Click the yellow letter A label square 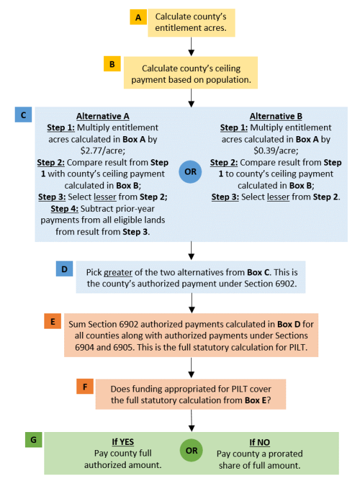pos(138,17)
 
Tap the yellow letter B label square pos(112,64)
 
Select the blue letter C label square pos(23,115)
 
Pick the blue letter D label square pos(64,269)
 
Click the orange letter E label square pos(53,321)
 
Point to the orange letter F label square pos(85,386)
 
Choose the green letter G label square pos(33,440)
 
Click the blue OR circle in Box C pos(191,171)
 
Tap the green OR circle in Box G pos(191,450)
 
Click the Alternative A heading pos(103,116)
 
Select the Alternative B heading pos(276,116)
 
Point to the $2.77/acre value pos(103,151)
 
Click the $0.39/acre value pos(276,151)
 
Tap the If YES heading pos(123,442)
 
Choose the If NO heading pos(260,442)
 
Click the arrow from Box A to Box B pos(191,46)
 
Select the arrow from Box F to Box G pos(192,421)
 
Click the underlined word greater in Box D pos(118,272)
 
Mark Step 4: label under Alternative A pos(64,209)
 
